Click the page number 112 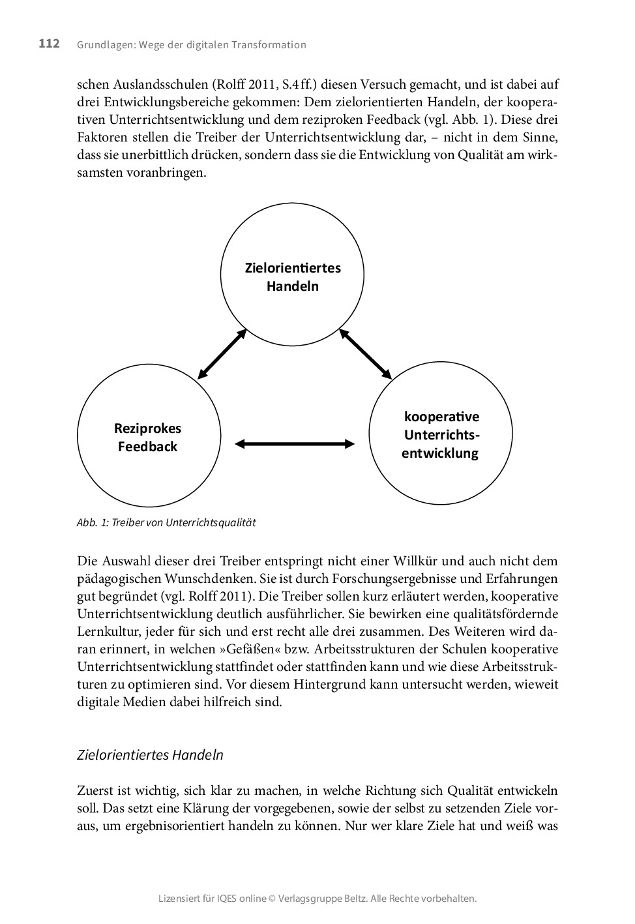click(x=49, y=44)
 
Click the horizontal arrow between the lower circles click(x=295, y=444)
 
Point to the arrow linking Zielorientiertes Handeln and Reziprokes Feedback click(x=222, y=353)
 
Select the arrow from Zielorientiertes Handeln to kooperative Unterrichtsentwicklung click(x=365, y=354)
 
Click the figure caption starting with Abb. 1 click(x=166, y=522)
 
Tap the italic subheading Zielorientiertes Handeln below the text click(x=150, y=755)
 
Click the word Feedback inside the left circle click(x=148, y=447)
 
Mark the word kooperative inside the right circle click(x=441, y=417)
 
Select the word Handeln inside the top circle click(x=292, y=286)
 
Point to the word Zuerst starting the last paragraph click(x=95, y=792)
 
